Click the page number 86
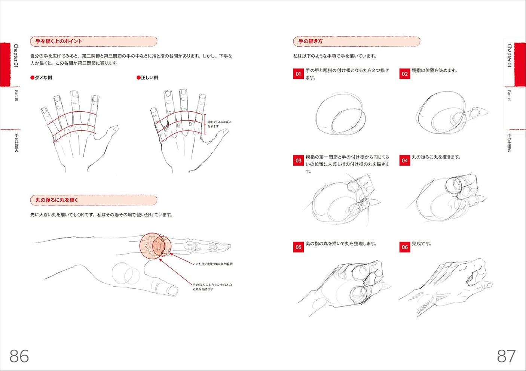[19, 356]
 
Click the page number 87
[506, 356]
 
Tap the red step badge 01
[298, 74]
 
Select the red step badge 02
[404, 74]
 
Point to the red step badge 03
[298, 160]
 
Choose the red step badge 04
[404, 160]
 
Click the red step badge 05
[298, 247]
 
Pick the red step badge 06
[404, 247]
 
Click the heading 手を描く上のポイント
[59, 41]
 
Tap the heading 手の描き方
[311, 41]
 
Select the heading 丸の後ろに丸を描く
[57, 200]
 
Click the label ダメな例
[42, 78]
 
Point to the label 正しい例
[148, 78]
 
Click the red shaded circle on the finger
[154, 247]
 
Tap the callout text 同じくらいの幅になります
[220, 124]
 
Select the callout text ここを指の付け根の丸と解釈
[212, 264]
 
